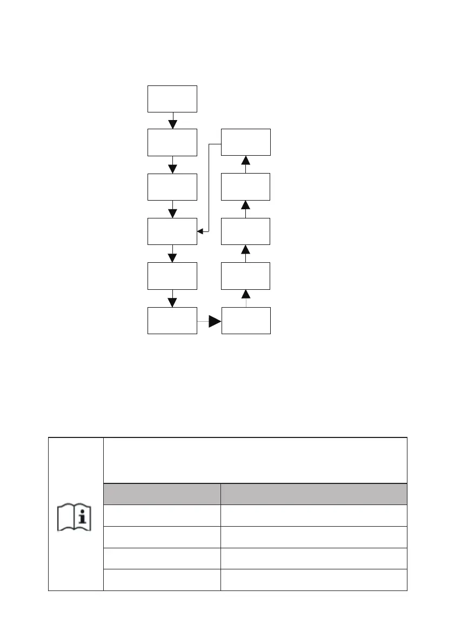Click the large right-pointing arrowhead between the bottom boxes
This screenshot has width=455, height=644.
tap(215, 322)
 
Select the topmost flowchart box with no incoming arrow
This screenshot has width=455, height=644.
tap(172, 98)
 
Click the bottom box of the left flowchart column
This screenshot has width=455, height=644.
tap(172, 321)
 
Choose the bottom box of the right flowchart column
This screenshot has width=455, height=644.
tap(246, 321)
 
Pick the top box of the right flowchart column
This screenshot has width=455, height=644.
tap(246, 143)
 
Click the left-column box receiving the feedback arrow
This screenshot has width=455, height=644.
tap(172, 231)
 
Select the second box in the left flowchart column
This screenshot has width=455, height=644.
tap(172, 143)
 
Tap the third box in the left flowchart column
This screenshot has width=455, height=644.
tap(172, 187)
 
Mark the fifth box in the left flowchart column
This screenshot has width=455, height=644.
tap(172, 276)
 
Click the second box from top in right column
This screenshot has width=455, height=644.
tap(246, 187)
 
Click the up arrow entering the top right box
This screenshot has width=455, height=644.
tap(246, 161)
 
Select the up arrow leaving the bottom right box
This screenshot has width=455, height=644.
tap(246, 294)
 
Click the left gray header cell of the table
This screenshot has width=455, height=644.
tap(162, 494)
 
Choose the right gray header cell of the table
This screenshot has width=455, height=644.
tap(313, 494)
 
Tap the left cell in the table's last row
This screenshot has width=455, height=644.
tap(162, 580)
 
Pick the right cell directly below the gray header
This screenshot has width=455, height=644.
tap(313, 515)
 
